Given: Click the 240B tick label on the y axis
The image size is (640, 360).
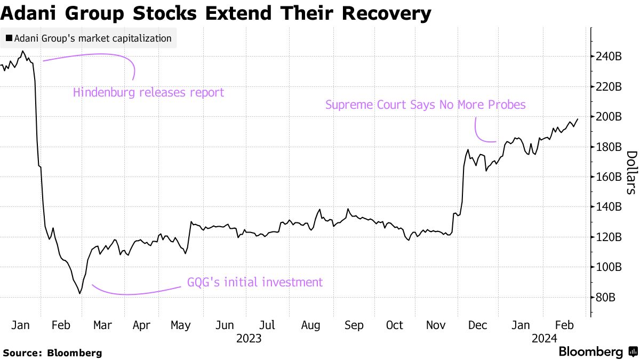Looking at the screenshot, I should (x=609, y=56).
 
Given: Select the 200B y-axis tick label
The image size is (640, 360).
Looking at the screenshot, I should (x=609, y=116).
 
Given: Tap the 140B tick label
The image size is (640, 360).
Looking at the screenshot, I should (x=609, y=207).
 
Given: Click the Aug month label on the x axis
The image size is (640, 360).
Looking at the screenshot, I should (x=310, y=325).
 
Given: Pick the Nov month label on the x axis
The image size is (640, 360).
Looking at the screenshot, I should (x=437, y=325).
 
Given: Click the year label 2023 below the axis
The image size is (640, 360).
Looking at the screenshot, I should (x=249, y=338).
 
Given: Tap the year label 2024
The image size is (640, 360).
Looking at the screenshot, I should (x=544, y=338).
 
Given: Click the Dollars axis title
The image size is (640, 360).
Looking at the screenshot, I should (x=630, y=172).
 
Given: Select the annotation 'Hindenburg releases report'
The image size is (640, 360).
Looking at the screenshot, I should (x=148, y=92).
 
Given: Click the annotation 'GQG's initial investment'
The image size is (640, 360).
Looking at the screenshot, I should (x=254, y=282).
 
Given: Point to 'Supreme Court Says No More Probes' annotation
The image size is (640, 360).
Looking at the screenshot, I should (x=425, y=105).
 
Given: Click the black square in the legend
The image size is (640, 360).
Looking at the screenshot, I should (x=9, y=38).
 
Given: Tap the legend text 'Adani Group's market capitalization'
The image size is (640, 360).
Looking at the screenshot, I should (x=93, y=38).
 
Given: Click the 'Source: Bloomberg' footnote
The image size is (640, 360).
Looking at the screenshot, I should (x=52, y=353).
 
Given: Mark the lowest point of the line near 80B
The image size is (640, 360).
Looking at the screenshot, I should (x=80, y=293).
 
